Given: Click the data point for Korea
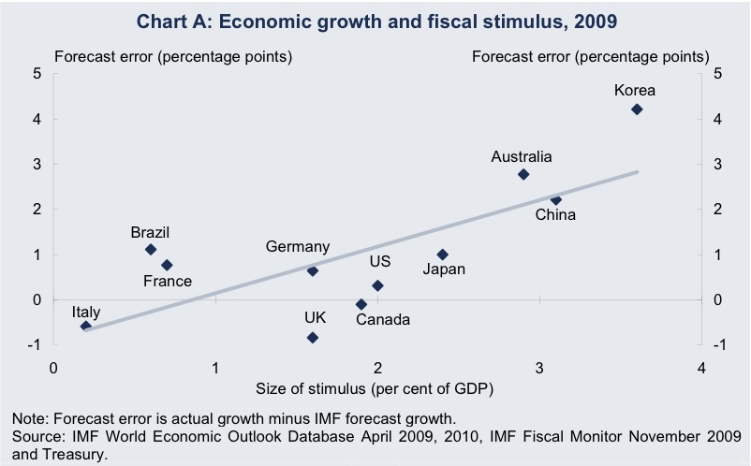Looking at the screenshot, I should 637,109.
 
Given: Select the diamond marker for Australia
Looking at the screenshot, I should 523,174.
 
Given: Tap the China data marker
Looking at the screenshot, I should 555,200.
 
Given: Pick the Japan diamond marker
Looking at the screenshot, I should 443,255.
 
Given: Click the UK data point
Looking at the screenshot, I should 313,338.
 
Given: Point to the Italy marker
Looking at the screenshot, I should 86,327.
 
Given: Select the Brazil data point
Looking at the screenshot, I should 151,250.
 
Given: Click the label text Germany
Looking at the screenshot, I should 298,247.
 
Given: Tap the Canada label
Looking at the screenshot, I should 383,320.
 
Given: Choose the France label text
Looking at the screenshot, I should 167,281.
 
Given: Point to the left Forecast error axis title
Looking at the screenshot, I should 173,56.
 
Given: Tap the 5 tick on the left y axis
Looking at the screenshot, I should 37,74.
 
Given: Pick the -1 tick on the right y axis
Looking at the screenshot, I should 717,345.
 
